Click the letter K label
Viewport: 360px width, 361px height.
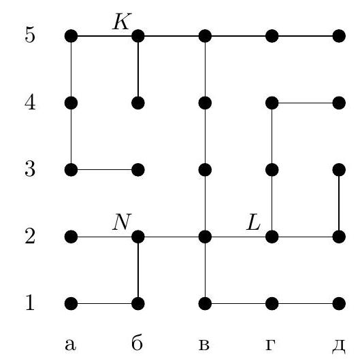pos(122,21)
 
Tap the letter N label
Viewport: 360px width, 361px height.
pos(122,222)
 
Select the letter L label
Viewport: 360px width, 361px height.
pos(253,222)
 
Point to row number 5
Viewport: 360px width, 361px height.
pos(30,35)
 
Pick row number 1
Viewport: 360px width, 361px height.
pos(30,303)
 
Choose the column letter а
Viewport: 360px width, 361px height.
pos(71,345)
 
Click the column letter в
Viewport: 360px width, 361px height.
pos(204,345)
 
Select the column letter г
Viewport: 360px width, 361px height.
pos(270,345)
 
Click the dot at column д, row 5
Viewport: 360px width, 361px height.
pos(339,36)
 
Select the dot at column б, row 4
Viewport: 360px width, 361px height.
pos(138,103)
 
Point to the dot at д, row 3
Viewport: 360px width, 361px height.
pos(339,170)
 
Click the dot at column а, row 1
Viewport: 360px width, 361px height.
pos(71,304)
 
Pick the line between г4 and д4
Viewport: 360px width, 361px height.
pos(306,103)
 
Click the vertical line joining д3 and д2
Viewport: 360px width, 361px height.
pos(339,203)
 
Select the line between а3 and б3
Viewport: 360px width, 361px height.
pos(105,170)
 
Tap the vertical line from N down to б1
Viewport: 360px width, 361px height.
pos(138,271)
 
